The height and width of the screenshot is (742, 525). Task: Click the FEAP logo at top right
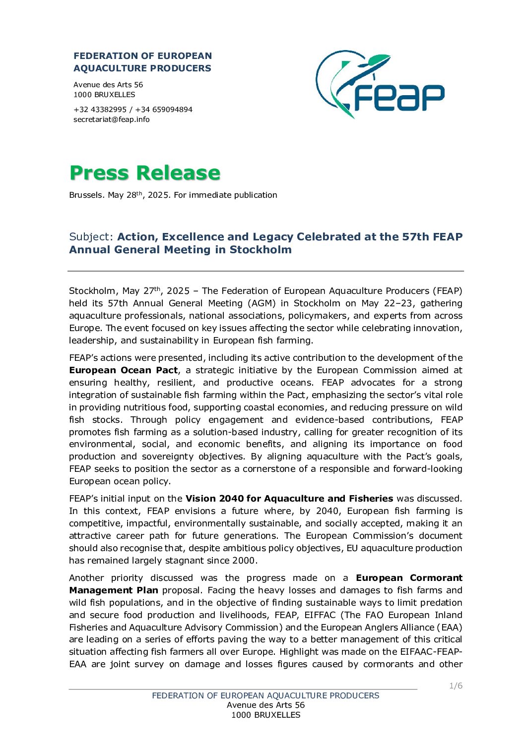tap(380, 84)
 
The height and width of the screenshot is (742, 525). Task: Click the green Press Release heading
tap(144, 173)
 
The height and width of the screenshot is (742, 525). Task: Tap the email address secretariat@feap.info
tap(111, 119)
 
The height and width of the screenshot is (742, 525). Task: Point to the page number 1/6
tap(456, 686)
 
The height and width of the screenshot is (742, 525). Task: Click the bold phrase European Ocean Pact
tap(123, 370)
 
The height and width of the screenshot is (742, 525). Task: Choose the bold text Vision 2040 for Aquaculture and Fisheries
tap(289, 499)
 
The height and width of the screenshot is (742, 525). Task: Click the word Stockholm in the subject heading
tap(261, 250)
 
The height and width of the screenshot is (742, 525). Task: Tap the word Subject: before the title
tap(92, 237)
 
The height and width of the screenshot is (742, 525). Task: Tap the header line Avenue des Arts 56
tap(108, 85)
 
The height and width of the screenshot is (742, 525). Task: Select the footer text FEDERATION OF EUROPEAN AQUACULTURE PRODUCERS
tap(265, 696)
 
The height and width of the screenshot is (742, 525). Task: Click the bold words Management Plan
tap(114, 590)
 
